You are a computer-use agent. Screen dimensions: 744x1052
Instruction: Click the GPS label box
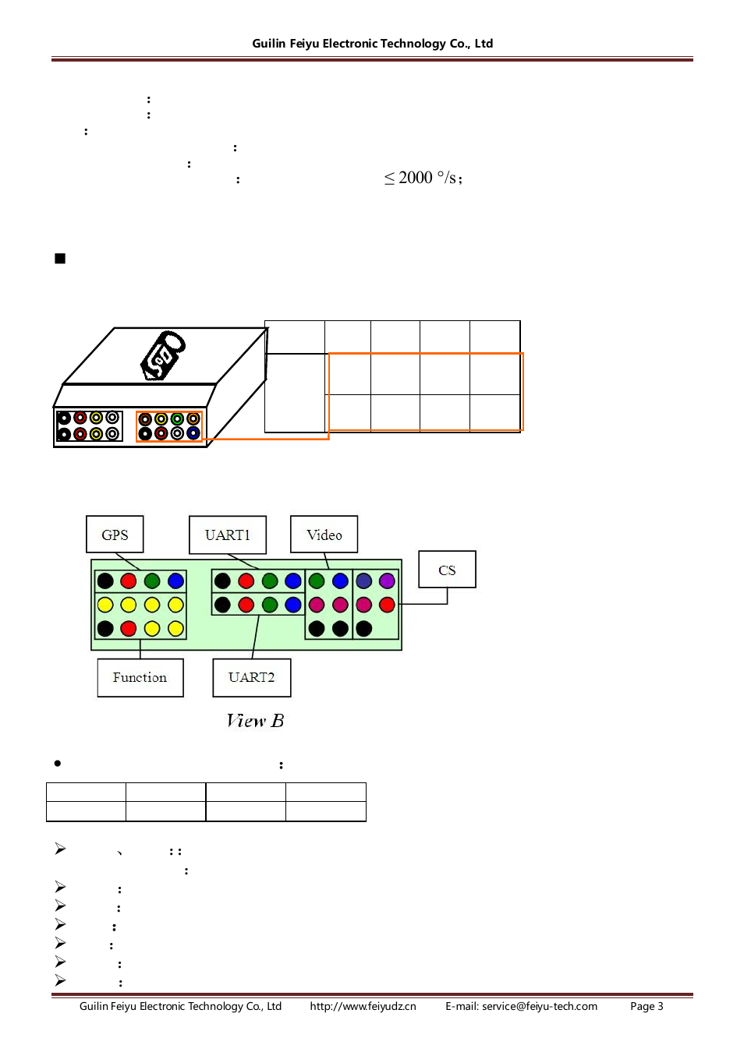tap(115, 535)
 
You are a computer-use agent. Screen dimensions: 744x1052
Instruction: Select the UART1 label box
tap(228, 535)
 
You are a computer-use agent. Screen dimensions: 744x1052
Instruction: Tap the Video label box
tap(324, 535)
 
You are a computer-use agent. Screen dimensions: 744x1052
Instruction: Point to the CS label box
tap(447, 569)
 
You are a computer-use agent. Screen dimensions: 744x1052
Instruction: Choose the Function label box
tap(140, 678)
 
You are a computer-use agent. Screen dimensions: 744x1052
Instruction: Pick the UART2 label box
tap(251, 678)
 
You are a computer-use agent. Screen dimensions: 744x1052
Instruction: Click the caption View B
tap(255, 721)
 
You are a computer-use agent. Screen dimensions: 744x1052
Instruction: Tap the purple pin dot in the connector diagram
tap(388, 581)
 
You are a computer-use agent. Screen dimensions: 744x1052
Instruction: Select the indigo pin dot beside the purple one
tap(363, 581)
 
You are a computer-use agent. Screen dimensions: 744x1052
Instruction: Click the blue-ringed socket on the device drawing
tap(193, 433)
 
